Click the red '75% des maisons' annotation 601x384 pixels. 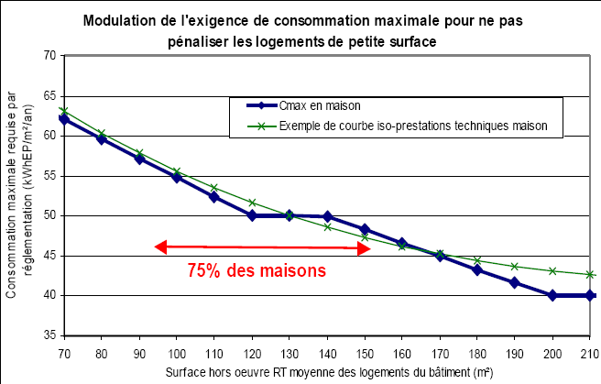[x=257, y=271]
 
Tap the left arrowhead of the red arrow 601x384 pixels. [x=159, y=247]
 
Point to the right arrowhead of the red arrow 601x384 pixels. [x=364, y=247]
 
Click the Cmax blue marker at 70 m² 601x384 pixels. [x=64, y=119]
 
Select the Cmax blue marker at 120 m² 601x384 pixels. [x=252, y=215]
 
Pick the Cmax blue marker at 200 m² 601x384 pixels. [x=552, y=295]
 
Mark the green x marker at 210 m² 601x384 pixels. [x=591, y=274]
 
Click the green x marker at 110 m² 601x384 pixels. [x=214, y=188]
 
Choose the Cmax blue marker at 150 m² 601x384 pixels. [x=365, y=229]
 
